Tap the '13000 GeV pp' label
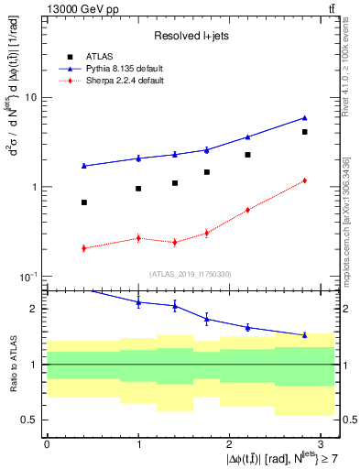tap(61, 8)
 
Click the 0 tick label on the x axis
tap(47, 443)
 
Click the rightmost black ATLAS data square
tap(304, 132)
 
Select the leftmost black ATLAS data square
tap(83, 202)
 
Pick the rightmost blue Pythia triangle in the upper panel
tap(304, 117)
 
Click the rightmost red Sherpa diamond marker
tap(304, 180)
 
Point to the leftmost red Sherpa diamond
tap(83, 248)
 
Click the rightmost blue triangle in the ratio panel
tap(304, 335)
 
